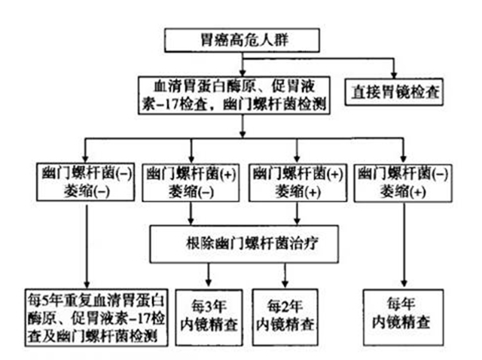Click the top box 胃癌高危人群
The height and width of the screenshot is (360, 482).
pyautogui.click(x=241, y=39)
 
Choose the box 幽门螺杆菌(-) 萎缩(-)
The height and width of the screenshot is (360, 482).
pyautogui.click(x=87, y=181)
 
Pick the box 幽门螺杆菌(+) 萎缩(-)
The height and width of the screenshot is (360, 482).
pyautogui.click(x=189, y=181)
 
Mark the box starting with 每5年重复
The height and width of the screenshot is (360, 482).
pyautogui.click(x=87, y=316)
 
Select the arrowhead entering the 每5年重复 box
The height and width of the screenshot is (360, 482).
pyautogui.click(x=87, y=283)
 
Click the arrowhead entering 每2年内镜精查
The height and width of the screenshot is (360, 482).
pyautogui.click(x=284, y=284)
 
